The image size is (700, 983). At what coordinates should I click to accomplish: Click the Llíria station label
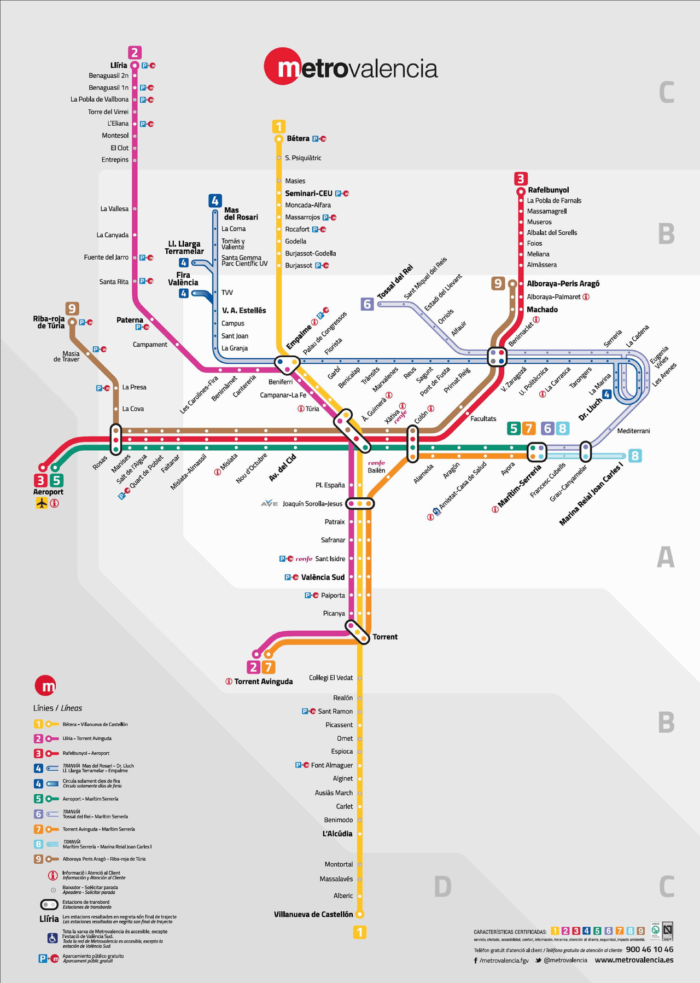[x=119, y=65]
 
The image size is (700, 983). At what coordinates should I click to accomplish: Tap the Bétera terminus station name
[x=298, y=138]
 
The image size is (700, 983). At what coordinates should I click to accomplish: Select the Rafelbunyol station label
[x=548, y=190]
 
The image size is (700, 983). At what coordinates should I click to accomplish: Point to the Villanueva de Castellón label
[x=313, y=914]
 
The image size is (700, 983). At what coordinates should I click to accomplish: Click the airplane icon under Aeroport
[x=42, y=503]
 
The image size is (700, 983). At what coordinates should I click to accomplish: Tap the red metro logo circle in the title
[x=283, y=67]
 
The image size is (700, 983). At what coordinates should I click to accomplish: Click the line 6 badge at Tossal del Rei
[x=367, y=304]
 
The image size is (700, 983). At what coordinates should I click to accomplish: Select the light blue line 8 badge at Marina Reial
[x=634, y=456]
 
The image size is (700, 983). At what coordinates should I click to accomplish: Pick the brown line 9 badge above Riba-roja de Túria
[x=72, y=309]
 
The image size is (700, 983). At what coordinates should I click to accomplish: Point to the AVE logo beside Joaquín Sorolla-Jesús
[x=270, y=504]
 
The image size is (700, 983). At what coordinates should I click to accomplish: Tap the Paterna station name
[x=130, y=320]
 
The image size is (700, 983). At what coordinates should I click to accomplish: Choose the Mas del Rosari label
[x=241, y=213]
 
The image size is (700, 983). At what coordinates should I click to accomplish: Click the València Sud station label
[x=323, y=577]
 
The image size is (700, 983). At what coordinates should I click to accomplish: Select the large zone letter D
[x=442, y=887]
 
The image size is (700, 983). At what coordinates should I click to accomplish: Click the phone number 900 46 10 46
[x=649, y=950]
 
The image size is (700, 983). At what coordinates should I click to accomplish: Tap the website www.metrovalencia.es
[x=634, y=960]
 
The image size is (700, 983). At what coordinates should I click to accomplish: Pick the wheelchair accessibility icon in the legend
[x=52, y=938]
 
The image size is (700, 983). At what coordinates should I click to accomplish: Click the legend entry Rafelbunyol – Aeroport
[x=86, y=753]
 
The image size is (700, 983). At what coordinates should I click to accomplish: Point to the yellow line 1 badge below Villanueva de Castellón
[x=359, y=932]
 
